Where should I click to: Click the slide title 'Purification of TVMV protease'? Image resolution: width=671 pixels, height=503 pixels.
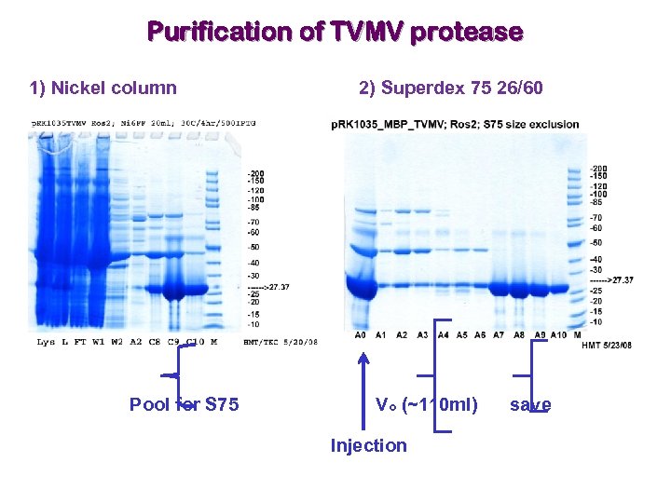[x=335, y=32]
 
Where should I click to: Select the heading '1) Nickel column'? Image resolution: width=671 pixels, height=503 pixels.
[x=103, y=88]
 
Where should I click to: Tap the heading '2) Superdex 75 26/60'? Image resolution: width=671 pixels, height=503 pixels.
[x=450, y=88]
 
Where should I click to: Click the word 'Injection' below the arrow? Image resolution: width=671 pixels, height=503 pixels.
[x=368, y=445]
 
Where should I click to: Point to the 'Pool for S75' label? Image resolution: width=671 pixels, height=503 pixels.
[x=184, y=404]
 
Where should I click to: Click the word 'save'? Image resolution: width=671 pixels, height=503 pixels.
[x=530, y=404]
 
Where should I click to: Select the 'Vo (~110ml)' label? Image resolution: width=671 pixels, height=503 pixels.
[x=426, y=404]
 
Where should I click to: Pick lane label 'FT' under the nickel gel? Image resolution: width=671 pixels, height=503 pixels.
[x=82, y=342]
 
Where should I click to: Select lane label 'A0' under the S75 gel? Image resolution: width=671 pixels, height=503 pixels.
[x=361, y=334]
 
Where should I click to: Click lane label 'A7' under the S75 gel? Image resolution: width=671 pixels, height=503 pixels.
[x=500, y=334]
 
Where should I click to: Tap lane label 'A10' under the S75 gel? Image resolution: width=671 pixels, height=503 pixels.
[x=558, y=334]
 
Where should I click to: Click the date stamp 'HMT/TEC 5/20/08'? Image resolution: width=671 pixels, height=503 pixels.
[x=280, y=342]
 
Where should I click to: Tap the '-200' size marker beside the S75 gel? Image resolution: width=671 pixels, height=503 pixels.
[x=600, y=169]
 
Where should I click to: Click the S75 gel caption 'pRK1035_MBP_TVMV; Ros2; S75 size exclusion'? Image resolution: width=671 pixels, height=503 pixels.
[x=455, y=124]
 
